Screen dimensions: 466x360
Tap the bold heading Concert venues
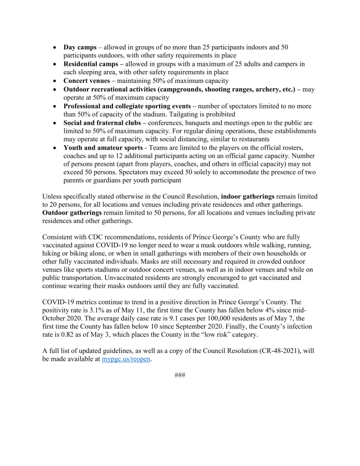pos(87,81)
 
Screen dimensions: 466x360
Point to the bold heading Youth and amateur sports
pos(103,148)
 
